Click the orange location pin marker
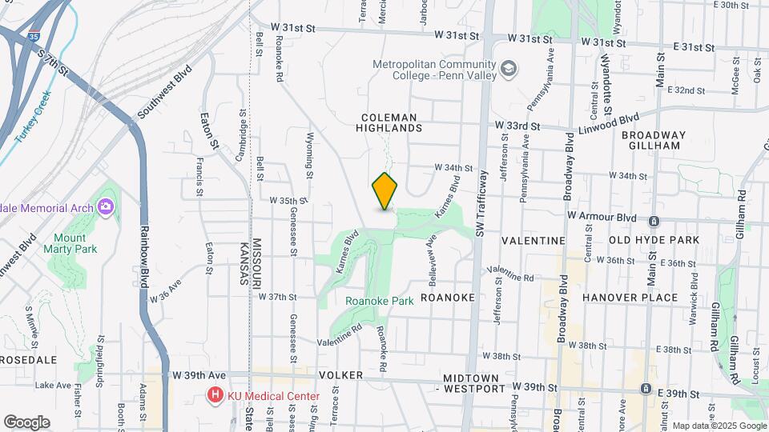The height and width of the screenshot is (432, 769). (x=385, y=191)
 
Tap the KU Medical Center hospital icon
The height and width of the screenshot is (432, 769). (x=214, y=395)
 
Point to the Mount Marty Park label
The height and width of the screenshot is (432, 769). (x=75, y=243)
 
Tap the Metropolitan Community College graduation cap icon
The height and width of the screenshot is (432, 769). (x=508, y=70)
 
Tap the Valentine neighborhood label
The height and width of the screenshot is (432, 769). (x=533, y=240)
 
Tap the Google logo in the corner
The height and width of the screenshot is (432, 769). (x=26, y=422)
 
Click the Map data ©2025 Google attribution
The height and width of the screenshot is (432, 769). (x=718, y=426)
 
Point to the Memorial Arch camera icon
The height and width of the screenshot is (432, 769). (x=106, y=207)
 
